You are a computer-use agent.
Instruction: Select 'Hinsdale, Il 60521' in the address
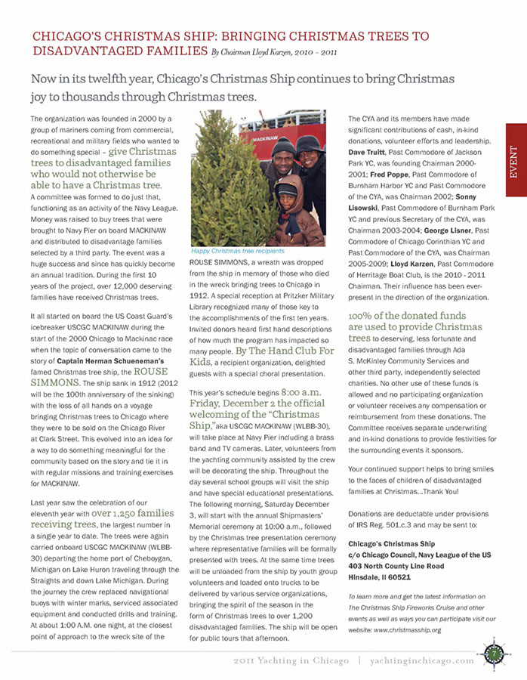tap(379, 576)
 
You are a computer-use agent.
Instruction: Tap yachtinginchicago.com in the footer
tap(422, 660)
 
